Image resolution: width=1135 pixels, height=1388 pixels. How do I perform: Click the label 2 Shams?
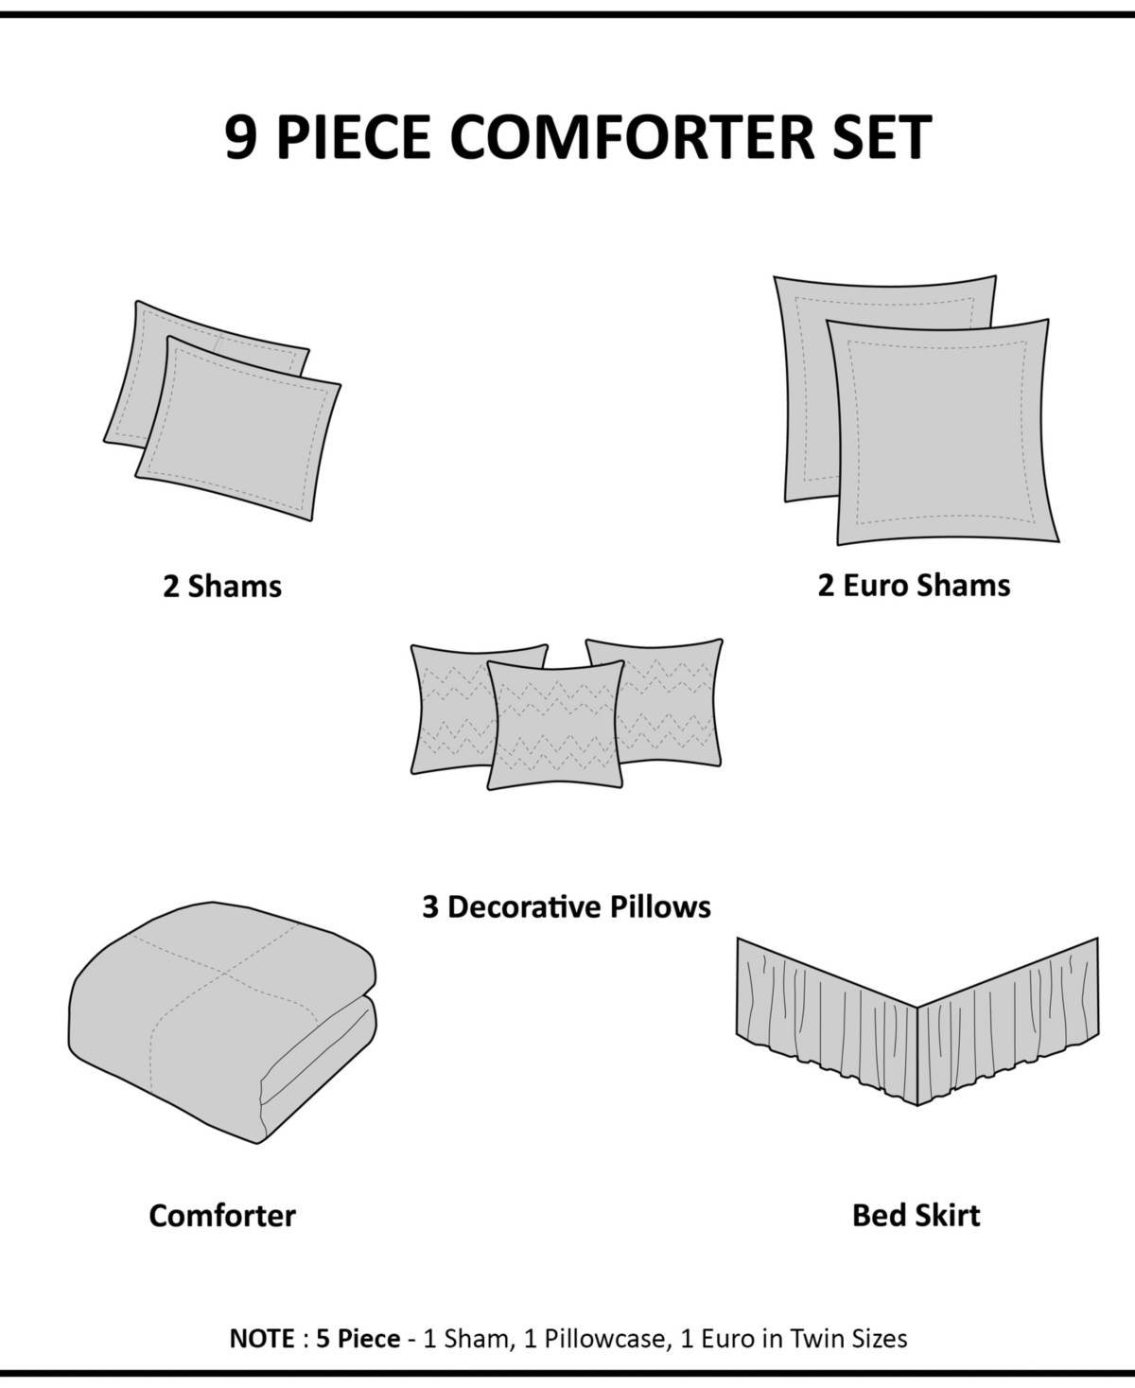[x=222, y=587]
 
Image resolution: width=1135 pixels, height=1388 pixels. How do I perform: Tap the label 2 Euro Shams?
[x=914, y=586]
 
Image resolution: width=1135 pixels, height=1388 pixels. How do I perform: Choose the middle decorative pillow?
[x=556, y=725]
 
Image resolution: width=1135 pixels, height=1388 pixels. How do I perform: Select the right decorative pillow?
[x=672, y=701]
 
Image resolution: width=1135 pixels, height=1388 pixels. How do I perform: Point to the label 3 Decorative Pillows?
[x=567, y=907]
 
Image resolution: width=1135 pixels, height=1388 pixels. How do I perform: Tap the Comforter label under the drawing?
[x=222, y=1216]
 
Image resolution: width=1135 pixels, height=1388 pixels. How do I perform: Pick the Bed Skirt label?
[x=916, y=1215]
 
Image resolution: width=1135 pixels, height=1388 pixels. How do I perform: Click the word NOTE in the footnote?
[x=260, y=1339]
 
